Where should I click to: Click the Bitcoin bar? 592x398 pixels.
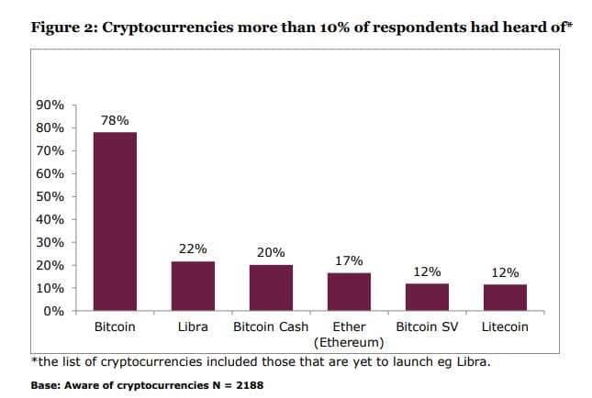115,221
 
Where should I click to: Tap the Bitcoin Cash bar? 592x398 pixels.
271,288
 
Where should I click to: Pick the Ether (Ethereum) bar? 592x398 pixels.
349,292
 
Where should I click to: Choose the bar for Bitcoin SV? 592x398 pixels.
427,297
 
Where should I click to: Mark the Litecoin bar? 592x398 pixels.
505,297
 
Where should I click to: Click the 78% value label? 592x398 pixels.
115,120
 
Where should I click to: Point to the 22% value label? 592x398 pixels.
193,249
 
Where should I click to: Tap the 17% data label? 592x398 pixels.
349,260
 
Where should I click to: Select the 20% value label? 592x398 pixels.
271,253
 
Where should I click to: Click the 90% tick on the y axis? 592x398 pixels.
51,105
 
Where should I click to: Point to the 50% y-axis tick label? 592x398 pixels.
51,196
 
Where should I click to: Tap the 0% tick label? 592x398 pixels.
54,311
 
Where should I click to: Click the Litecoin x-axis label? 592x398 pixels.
505,326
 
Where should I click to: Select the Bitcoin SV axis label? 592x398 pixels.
427,326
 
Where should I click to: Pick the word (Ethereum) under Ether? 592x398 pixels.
349,343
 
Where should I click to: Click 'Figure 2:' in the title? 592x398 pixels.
63,25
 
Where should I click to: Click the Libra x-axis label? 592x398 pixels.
193,326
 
